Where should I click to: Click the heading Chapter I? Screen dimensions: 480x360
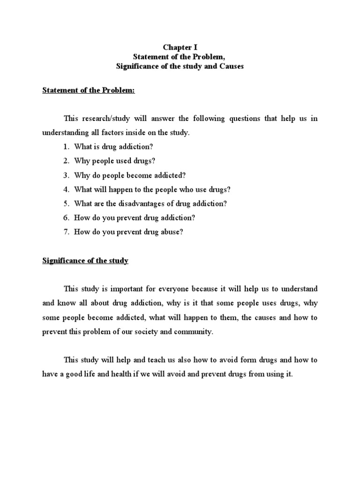click(180, 47)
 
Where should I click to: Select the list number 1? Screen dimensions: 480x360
click(66, 147)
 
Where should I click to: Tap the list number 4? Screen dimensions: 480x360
click(66, 189)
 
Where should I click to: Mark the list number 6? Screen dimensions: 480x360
click(66, 217)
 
